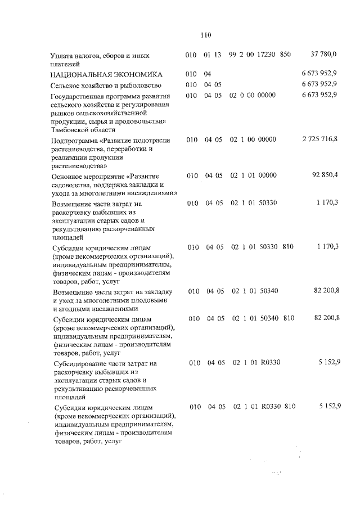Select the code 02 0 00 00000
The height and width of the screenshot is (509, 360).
click(x=252, y=95)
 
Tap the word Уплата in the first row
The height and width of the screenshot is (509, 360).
click(x=62, y=55)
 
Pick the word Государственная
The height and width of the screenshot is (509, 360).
click(x=82, y=96)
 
